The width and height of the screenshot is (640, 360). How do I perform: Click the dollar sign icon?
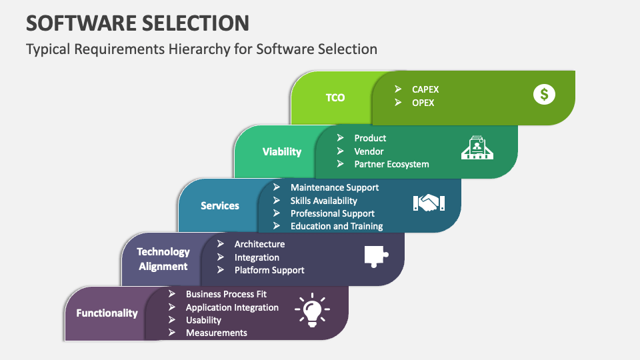(x=544, y=95)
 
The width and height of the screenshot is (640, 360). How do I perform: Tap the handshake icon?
(x=429, y=203)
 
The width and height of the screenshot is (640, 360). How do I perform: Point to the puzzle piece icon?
(x=375, y=257)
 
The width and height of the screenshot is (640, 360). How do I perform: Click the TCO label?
(x=335, y=97)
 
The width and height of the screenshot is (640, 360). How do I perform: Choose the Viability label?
(x=282, y=151)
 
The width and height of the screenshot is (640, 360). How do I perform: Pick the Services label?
(x=220, y=205)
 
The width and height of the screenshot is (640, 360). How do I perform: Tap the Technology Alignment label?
(x=163, y=259)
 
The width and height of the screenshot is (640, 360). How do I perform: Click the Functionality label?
(x=107, y=313)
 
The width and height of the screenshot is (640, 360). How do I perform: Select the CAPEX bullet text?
(x=425, y=89)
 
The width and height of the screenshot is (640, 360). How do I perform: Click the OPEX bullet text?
(x=423, y=103)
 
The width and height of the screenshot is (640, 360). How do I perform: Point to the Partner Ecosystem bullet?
(x=391, y=164)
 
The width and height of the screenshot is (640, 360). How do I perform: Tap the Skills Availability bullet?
(x=323, y=201)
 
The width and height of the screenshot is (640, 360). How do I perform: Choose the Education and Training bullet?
(x=337, y=226)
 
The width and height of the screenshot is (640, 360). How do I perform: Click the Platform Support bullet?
(x=269, y=270)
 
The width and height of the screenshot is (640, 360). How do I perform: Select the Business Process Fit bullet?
(x=226, y=294)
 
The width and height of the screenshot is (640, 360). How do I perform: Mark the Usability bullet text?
(x=203, y=320)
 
